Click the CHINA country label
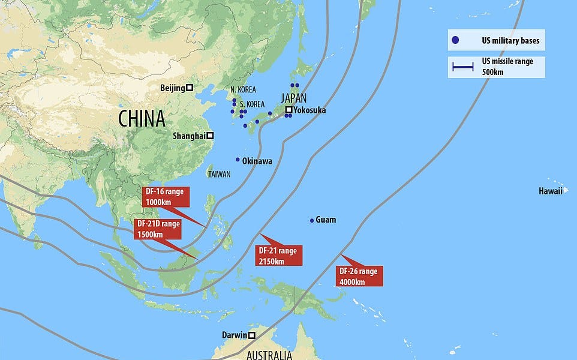pyautogui.click(x=142, y=118)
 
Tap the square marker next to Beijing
pyautogui.click(x=189, y=88)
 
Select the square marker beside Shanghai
pyautogui.click(x=210, y=136)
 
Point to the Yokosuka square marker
pyautogui.click(x=288, y=110)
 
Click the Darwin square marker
pyautogui.click(x=252, y=335)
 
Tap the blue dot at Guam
pyautogui.click(x=312, y=221)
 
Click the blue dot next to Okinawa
pyautogui.click(x=238, y=160)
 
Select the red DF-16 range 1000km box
pyautogui.click(x=166, y=197)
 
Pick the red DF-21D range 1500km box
pyautogui.click(x=158, y=229)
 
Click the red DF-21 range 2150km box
pyautogui.click(x=279, y=255)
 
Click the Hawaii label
pyautogui.click(x=551, y=191)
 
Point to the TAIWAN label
pyautogui.click(x=219, y=174)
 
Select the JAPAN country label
pyautogui.click(x=293, y=98)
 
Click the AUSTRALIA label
pyautogui.click(x=268, y=355)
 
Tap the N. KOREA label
pyautogui.click(x=243, y=89)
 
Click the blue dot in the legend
pyautogui.click(x=455, y=40)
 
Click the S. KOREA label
pyautogui.click(x=252, y=104)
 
